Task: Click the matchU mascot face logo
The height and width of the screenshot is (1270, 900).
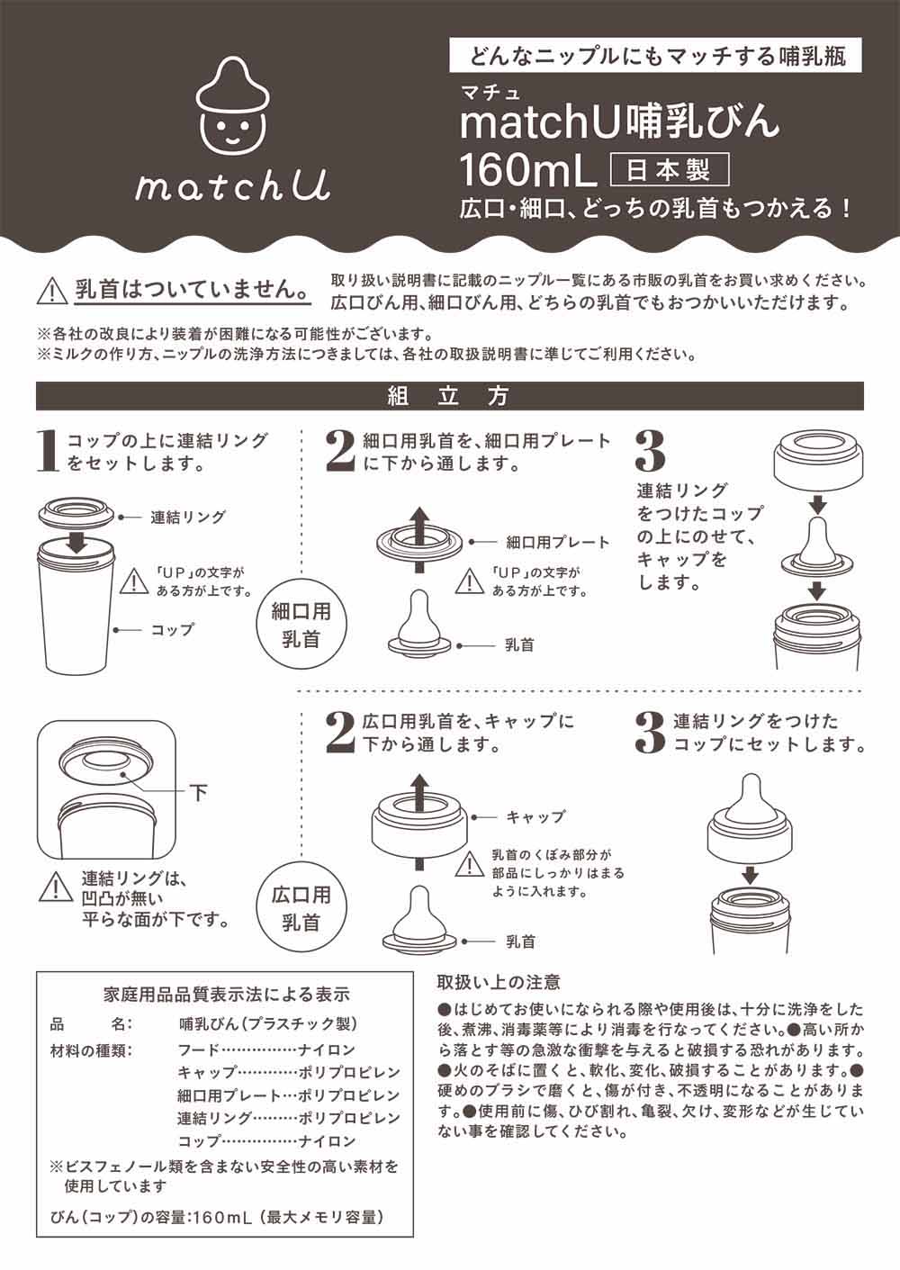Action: (232, 110)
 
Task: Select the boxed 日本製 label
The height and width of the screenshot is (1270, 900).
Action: (669, 169)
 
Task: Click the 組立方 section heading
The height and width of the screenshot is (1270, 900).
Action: (449, 396)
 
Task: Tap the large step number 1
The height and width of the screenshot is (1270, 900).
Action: (49, 451)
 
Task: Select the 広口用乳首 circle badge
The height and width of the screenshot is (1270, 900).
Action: (301, 908)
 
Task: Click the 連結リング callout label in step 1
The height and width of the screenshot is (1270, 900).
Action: (187, 518)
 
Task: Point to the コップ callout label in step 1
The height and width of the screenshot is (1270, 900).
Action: (172, 630)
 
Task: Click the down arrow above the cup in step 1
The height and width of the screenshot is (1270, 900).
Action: (77, 540)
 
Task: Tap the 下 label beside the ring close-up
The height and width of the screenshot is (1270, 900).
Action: (198, 792)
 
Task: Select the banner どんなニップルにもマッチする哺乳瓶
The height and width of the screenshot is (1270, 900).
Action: (654, 57)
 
